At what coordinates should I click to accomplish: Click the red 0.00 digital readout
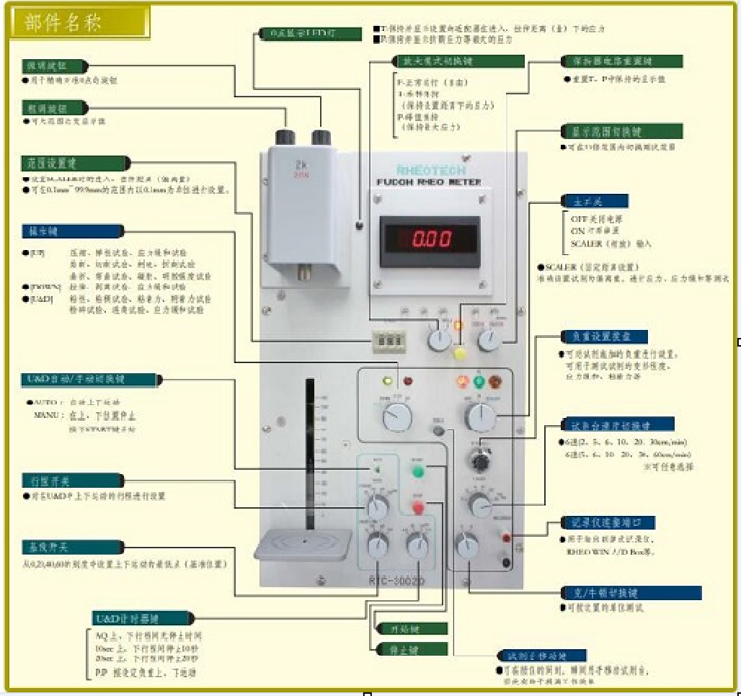click(x=428, y=238)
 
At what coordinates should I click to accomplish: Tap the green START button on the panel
click(x=417, y=472)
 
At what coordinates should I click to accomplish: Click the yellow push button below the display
click(x=460, y=353)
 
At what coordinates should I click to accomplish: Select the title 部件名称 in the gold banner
click(x=63, y=22)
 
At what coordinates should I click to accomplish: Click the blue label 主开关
click(x=585, y=201)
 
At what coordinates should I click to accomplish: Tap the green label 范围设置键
click(x=74, y=164)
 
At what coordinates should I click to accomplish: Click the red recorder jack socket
click(x=507, y=537)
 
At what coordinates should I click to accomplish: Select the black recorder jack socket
click(x=507, y=563)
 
